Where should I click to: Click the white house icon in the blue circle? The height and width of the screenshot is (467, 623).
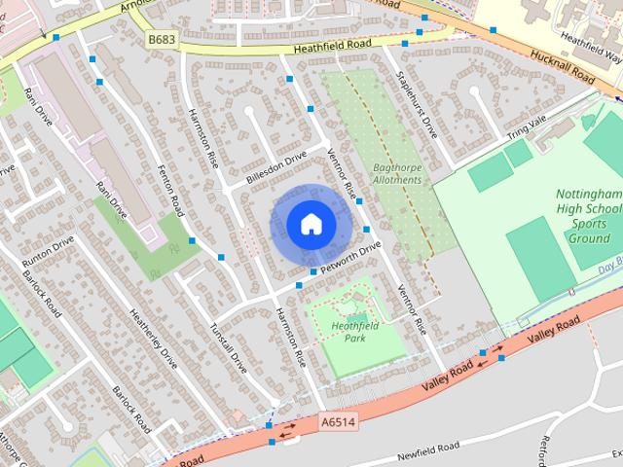click(310, 224)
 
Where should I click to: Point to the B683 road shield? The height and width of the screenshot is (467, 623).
click(162, 38)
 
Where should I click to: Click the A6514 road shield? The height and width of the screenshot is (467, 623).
click(337, 421)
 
